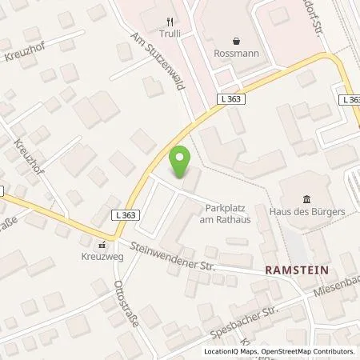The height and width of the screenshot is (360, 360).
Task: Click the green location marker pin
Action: (x=182, y=163)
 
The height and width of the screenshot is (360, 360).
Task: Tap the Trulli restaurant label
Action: (x=168, y=38)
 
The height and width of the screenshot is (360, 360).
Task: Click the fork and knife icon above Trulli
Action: (x=168, y=22)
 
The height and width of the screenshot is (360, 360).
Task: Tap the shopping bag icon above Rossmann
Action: (x=236, y=41)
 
